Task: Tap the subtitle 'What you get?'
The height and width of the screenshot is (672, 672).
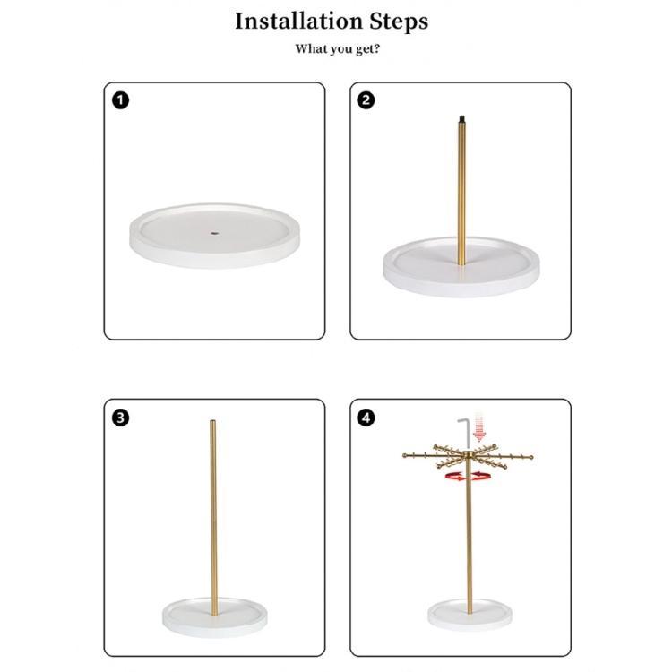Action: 337,49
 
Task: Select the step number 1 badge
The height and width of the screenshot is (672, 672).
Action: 120,100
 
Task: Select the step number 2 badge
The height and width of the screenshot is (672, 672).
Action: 366,100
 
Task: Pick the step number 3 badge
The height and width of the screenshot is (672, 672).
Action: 120,418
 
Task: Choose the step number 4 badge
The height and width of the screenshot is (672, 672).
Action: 366,418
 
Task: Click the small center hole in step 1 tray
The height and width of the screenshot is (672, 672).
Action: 214,233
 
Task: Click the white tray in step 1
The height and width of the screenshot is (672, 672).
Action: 214,236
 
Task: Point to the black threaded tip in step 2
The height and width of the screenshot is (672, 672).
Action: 461,117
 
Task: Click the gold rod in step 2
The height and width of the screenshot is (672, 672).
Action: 461,193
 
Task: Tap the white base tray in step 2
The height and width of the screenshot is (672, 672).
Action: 461,267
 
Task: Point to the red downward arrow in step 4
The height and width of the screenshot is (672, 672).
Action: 479,430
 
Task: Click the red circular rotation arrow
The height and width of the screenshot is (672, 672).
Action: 468,476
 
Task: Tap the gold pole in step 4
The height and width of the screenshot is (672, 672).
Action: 470,536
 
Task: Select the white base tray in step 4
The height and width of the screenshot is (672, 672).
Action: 470,615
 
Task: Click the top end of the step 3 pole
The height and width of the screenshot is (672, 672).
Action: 213,421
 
